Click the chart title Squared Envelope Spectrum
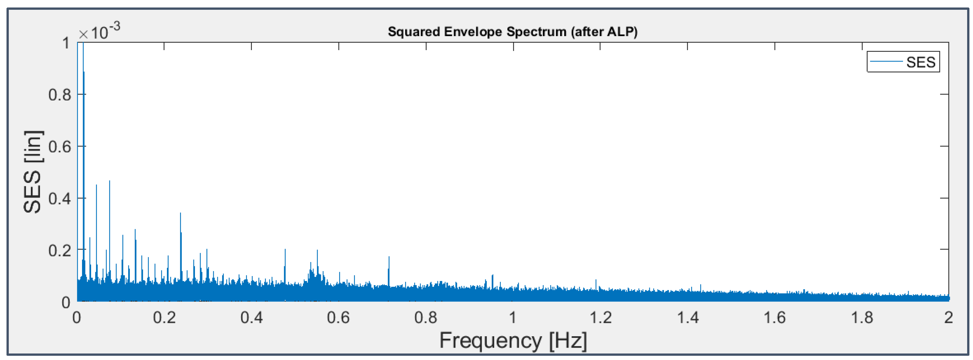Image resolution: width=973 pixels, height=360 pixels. (512, 32)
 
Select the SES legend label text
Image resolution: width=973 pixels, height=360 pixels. (921, 62)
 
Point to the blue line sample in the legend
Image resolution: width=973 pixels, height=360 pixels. (886, 62)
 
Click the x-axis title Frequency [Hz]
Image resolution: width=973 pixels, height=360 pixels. (513, 340)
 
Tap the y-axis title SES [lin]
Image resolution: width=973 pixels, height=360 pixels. (33, 172)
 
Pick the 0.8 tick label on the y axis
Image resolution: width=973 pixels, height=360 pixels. (60, 95)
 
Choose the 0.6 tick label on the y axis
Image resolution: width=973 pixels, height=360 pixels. (60, 146)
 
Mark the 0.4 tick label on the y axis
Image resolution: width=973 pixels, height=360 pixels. (60, 198)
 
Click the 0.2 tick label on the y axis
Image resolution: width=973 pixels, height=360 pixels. (60, 250)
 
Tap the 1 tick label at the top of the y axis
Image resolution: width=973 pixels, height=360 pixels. (66, 43)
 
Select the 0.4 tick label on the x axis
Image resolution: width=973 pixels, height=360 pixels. (252, 318)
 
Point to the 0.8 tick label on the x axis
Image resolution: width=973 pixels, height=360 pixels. (426, 318)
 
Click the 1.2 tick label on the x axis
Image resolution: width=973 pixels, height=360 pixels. (600, 318)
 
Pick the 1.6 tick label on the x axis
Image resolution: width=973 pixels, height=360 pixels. (774, 318)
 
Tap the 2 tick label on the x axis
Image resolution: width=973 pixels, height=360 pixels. (948, 318)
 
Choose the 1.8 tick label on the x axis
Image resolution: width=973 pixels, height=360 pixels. (862, 318)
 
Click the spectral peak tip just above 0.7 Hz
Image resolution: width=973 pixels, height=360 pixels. (389, 257)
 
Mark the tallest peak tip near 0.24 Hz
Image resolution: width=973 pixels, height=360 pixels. (181, 213)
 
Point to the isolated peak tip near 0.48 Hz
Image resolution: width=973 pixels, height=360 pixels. (285, 249)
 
